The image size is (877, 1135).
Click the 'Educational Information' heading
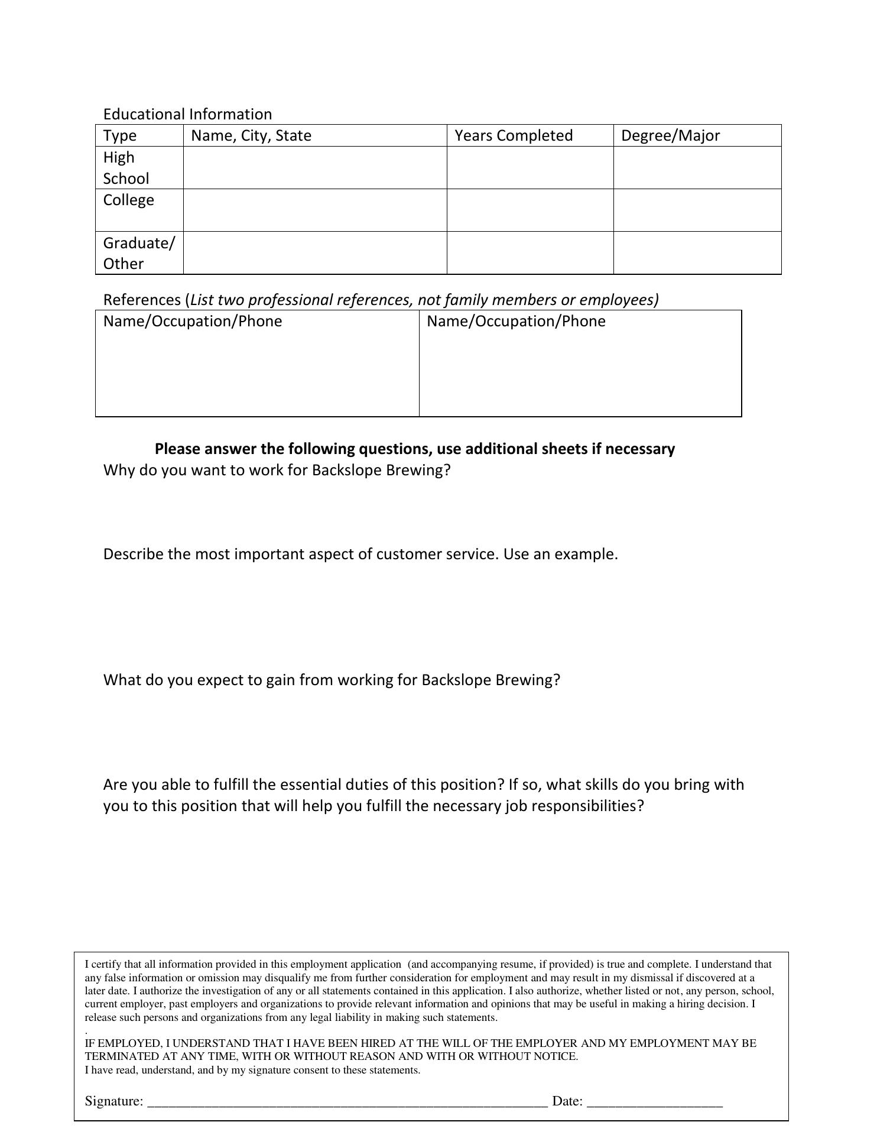[187, 114]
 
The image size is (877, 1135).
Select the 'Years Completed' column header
[514, 136]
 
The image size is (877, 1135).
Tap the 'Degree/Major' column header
[670, 136]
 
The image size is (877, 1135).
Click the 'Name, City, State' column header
[251, 136]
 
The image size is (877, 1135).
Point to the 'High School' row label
[126, 168]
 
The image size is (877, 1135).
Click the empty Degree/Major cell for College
[697, 210]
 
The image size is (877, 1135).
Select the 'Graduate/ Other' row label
[139, 253]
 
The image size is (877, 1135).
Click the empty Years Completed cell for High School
[530, 168]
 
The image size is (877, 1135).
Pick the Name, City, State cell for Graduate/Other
[314, 253]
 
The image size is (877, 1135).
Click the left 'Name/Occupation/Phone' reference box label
[193, 321]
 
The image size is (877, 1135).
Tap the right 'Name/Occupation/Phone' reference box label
[516, 321]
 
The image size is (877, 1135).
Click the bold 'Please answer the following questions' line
[414, 449]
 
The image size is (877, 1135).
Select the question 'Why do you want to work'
[277, 470]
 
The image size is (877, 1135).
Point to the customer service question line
[360, 554]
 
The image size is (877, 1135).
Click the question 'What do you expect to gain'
[332, 680]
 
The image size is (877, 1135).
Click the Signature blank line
[347, 1101]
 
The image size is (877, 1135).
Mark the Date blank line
[655, 1101]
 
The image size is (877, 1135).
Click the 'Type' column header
[120, 136]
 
